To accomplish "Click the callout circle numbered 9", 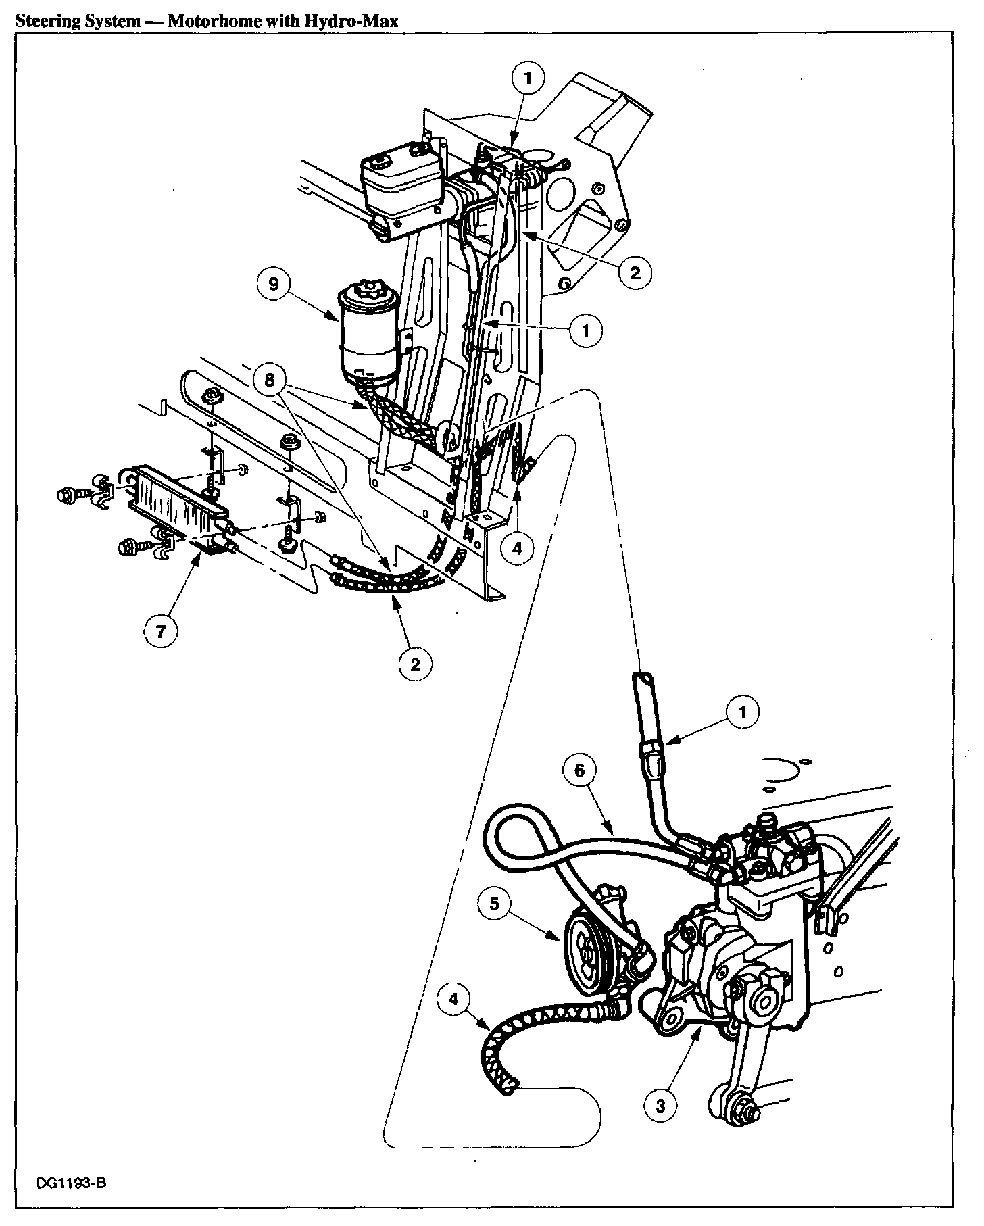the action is [x=274, y=284].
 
